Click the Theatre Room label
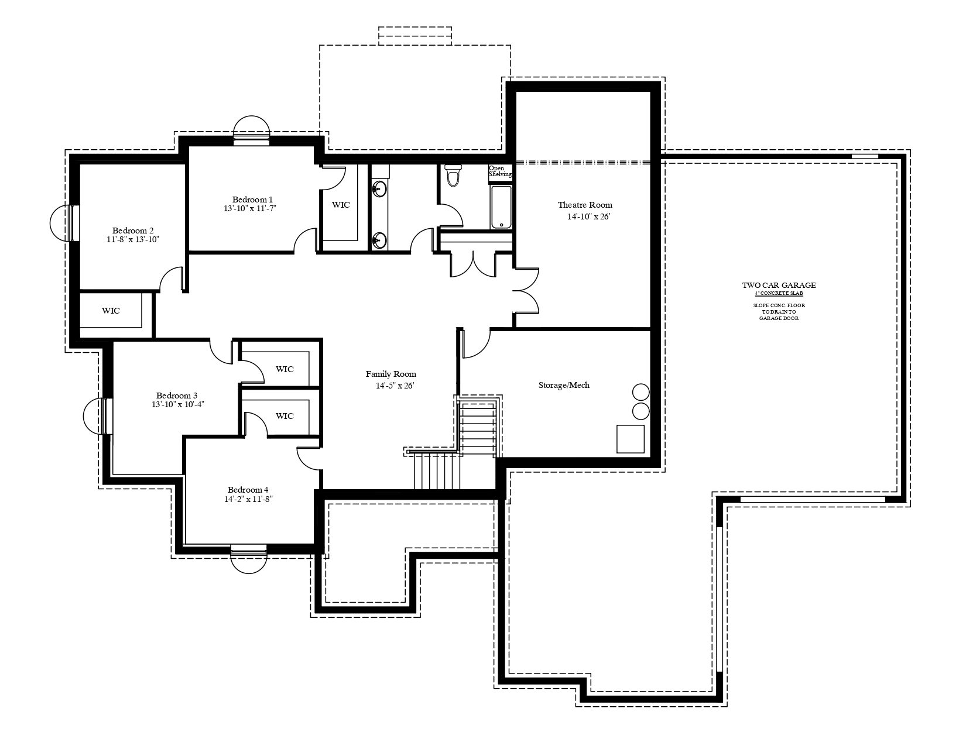pos(585,205)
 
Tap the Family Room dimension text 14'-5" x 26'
pos(395,386)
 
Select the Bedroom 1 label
pos(252,200)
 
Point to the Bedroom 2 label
pos(133,231)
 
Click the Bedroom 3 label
pos(176,396)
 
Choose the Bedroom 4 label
pos(248,490)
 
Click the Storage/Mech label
pos(564,385)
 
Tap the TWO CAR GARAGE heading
pos(779,286)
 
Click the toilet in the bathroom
pos(453,176)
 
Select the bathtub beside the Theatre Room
pos(502,207)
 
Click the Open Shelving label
pos(500,171)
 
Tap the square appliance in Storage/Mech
pos(631,439)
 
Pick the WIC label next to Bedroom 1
pos(341,205)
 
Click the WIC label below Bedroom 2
pos(111,311)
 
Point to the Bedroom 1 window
pos(252,130)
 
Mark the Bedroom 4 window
pos(249,559)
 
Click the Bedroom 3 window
pos(98,417)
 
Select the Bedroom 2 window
pos(64,223)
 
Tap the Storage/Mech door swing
pos(477,343)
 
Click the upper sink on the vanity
pos(379,189)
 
